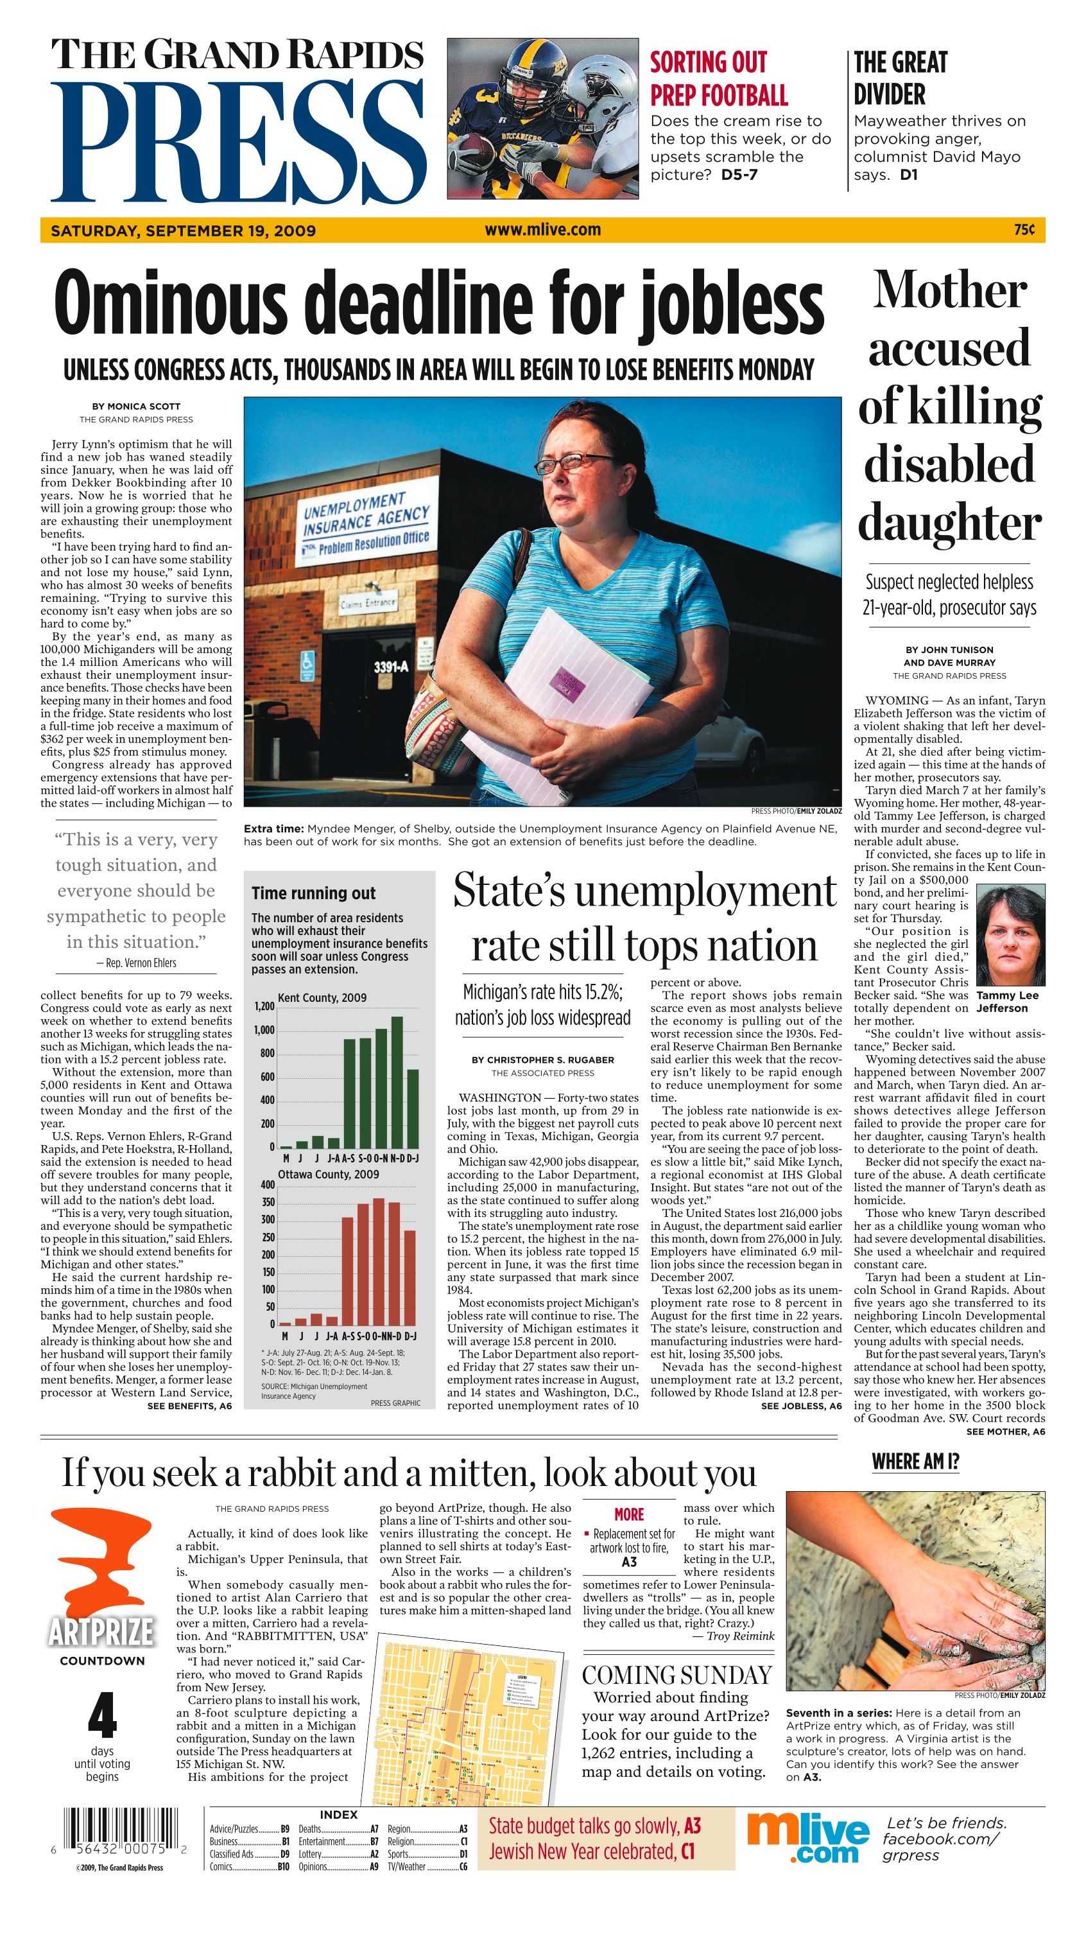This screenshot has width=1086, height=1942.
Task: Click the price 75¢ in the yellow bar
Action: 1024,230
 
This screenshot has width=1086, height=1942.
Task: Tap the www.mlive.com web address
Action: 542,230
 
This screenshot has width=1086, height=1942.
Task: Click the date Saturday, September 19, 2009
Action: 183,231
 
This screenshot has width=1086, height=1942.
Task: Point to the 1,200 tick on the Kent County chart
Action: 264,1006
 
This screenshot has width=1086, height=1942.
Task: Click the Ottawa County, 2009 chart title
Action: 329,1175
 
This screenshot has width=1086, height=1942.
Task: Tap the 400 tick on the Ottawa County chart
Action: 268,1184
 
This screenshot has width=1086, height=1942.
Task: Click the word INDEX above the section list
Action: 338,1815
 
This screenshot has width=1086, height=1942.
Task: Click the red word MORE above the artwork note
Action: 628,1514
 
